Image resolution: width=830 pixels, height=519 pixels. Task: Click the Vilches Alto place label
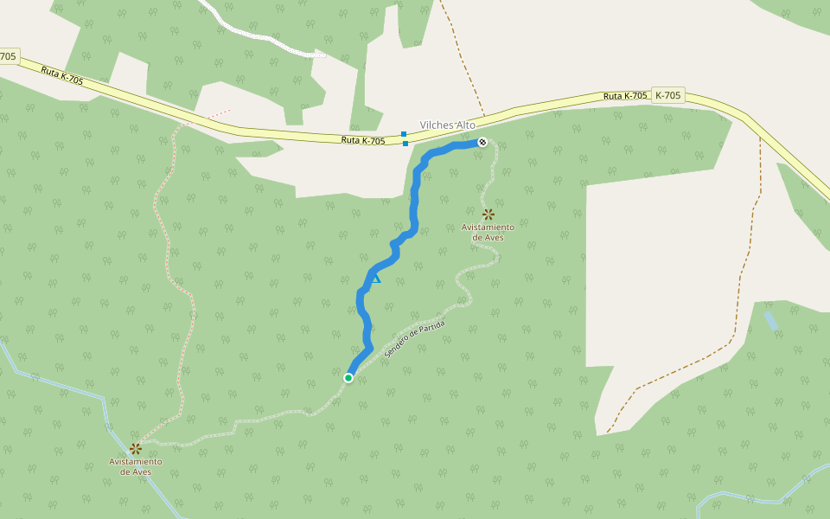pos(447,125)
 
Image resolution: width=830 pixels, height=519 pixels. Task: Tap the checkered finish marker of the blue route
pos(482,142)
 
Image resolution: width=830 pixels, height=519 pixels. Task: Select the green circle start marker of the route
pos(348,377)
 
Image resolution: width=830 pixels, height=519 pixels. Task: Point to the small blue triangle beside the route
pos(375,279)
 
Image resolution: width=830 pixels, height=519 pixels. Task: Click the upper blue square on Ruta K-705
pos(404,134)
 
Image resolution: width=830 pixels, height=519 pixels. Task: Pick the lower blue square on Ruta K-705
pos(405,144)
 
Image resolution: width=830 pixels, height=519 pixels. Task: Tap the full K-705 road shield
pos(668,95)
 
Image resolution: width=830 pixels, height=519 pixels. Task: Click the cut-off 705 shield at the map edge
pos(8,56)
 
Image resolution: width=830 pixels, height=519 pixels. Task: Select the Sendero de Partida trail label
pos(416,339)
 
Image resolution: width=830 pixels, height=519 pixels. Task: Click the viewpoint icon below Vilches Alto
pos(488,214)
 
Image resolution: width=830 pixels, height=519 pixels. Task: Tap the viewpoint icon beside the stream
pos(136,448)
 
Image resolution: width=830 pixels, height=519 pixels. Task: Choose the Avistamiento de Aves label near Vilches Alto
pos(488,232)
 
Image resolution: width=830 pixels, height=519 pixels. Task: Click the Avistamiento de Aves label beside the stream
pos(135,466)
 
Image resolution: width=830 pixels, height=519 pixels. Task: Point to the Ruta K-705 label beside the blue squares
pos(362,140)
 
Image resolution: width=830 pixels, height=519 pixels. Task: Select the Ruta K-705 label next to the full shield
pos(625,96)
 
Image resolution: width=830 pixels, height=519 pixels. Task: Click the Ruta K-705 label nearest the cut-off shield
pos(62,75)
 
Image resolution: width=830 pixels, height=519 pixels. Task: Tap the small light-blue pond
pos(770,321)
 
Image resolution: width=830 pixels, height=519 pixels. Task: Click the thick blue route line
pos(415,199)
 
